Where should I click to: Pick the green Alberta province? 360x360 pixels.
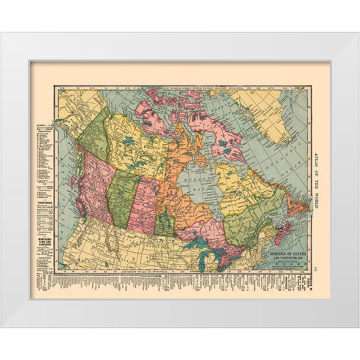click(121, 199)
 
